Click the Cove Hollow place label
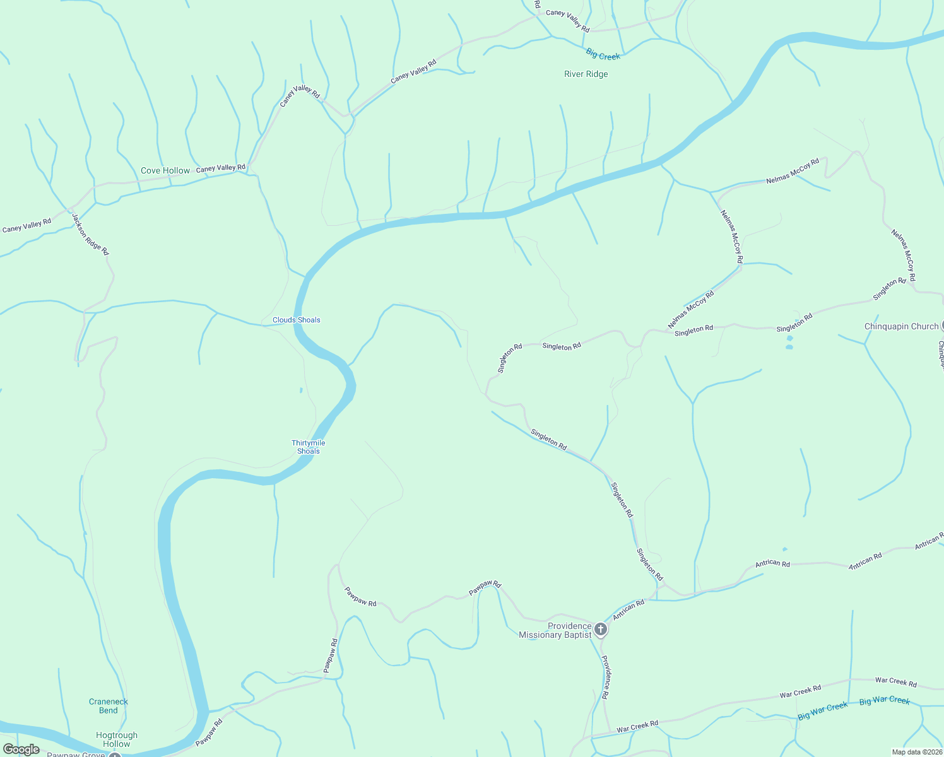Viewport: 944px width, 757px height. point(165,170)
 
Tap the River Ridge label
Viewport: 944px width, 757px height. point(586,74)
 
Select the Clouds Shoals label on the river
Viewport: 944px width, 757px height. point(296,320)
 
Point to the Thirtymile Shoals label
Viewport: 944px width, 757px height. point(309,447)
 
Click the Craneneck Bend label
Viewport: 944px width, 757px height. point(108,706)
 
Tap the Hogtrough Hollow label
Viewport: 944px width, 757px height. point(117,739)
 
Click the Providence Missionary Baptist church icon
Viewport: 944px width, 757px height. point(601,629)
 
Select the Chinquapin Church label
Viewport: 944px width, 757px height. point(901,326)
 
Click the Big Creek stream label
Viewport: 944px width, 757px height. point(603,55)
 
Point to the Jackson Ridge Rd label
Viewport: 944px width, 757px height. point(90,234)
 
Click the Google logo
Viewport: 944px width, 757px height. point(21,749)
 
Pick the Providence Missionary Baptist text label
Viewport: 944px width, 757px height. point(555,630)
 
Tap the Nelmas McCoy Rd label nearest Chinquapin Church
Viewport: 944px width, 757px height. point(903,255)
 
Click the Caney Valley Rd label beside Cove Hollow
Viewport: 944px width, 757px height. point(220,168)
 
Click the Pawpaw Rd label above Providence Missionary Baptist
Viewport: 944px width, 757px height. point(485,588)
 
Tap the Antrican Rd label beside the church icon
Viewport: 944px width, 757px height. point(628,609)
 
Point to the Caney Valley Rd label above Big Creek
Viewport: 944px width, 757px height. point(567,21)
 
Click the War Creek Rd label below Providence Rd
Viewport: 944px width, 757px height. point(637,726)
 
